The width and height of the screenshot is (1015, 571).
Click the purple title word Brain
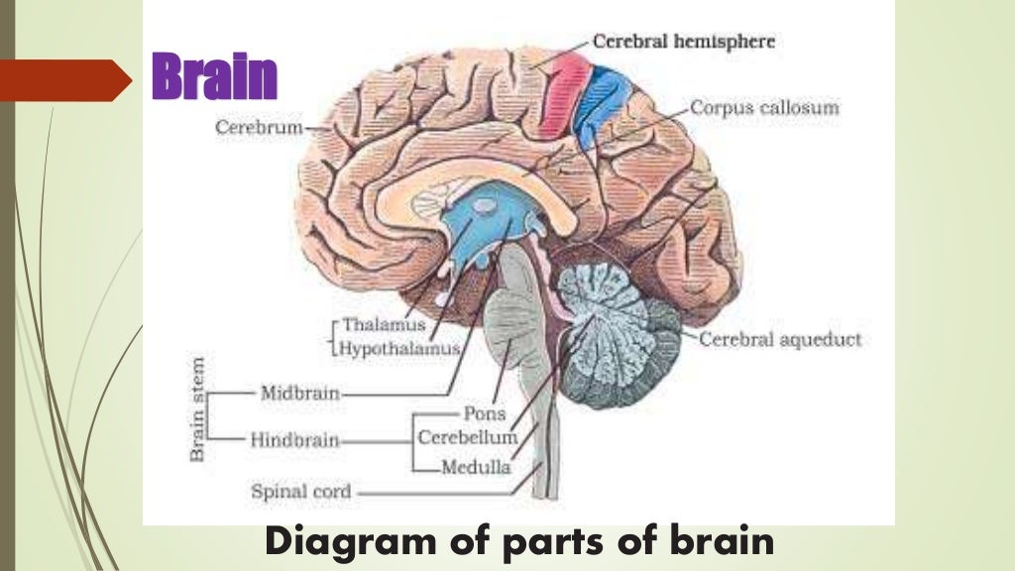click(214, 77)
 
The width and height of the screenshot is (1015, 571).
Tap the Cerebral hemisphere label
click(683, 43)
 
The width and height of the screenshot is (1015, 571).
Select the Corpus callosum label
click(764, 107)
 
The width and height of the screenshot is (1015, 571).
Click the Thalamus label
click(384, 325)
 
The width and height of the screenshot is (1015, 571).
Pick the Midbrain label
click(299, 393)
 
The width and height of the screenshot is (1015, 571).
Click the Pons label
click(485, 413)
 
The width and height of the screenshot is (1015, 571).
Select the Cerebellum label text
click(467, 437)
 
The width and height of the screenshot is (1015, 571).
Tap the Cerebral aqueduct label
click(780, 340)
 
